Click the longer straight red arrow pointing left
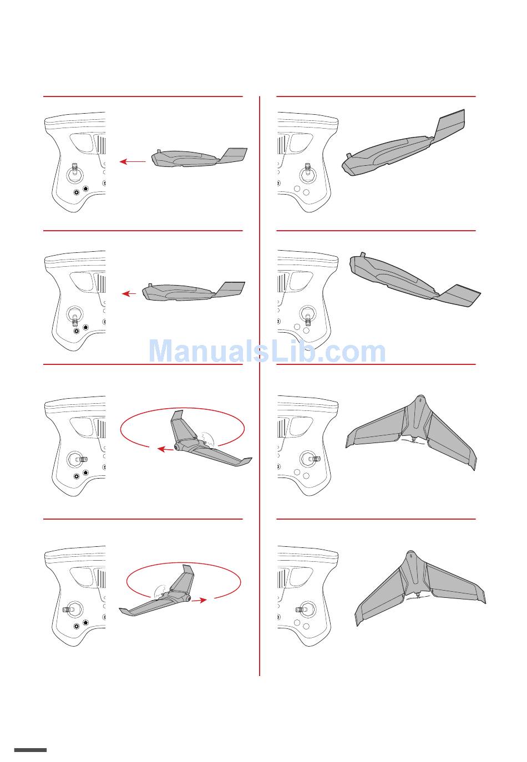[x=133, y=161]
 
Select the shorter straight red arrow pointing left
[x=129, y=293]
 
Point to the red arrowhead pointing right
[x=203, y=600]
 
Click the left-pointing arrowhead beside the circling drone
[x=161, y=449]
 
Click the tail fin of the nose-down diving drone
[x=460, y=295]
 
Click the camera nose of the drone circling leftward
[x=178, y=447]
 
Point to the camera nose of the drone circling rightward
[x=188, y=598]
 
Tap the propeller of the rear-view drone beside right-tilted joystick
[x=413, y=441]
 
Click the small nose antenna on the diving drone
[x=363, y=254]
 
